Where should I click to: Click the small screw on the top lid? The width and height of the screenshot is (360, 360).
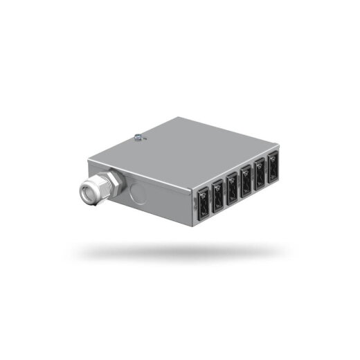click(139, 136)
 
